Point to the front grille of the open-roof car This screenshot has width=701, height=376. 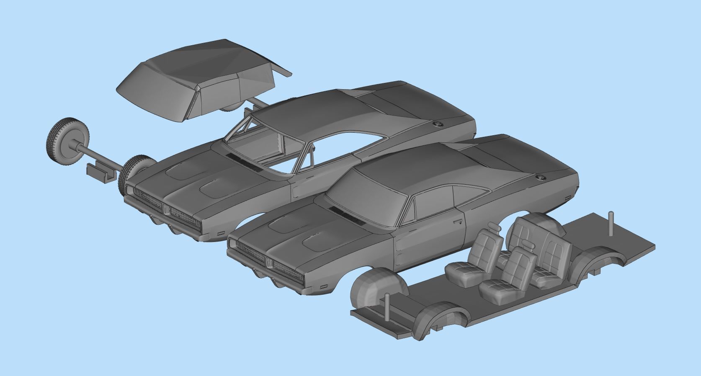pos(168,209)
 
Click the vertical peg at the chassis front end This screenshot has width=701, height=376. pos(387,308)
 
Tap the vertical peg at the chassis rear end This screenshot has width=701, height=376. pos(610,223)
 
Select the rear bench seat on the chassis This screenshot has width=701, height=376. pos(540,247)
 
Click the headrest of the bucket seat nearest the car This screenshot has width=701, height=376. pos(493,228)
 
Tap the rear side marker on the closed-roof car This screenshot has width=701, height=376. pos(567,197)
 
